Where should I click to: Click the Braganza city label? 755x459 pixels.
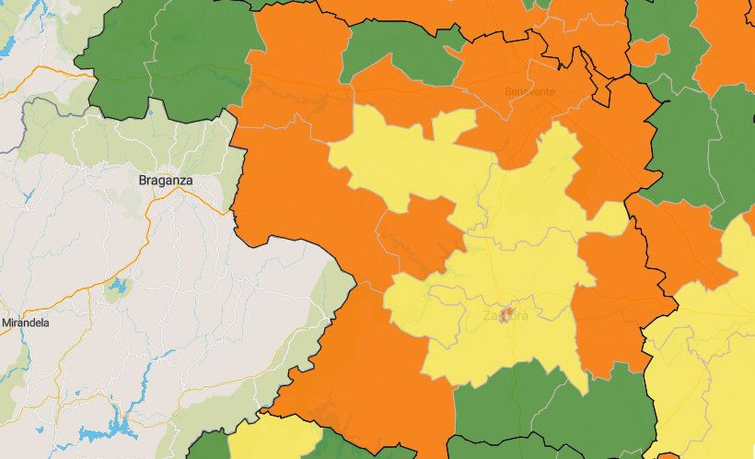(166, 180)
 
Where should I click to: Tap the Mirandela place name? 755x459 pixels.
(26, 323)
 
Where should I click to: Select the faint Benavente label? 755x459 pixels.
(529, 92)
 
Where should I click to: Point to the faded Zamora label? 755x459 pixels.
(506, 316)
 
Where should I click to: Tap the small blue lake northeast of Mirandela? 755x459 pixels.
(116, 285)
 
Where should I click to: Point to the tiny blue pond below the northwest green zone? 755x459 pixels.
(150, 114)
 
